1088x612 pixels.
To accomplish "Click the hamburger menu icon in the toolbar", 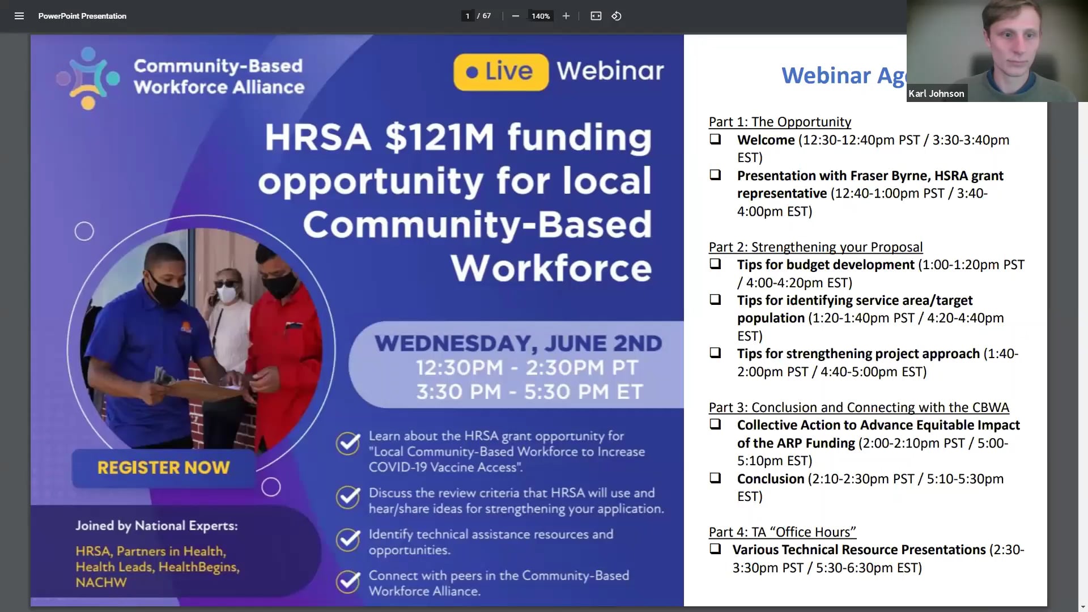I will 19,16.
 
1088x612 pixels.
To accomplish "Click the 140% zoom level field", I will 541,16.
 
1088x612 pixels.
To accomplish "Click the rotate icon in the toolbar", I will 617,16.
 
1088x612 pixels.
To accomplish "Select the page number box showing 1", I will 467,16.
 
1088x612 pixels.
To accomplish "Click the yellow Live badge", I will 500,72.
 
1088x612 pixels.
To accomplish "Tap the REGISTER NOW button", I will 163,467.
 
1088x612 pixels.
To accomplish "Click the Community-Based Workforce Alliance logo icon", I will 88,78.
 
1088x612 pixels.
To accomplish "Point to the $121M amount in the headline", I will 439,138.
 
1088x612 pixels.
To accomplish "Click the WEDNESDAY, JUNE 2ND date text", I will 518,343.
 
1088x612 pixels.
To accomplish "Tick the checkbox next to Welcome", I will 715,139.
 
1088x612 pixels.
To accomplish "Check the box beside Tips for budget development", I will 715,264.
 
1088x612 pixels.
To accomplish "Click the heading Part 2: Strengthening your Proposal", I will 815,247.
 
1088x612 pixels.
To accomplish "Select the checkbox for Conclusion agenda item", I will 715,478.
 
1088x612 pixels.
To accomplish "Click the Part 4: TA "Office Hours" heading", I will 782,532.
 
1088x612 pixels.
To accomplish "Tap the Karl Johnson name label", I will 936,93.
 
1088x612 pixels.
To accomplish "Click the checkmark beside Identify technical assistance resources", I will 348,540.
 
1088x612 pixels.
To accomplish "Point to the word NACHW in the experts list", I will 101,583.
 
